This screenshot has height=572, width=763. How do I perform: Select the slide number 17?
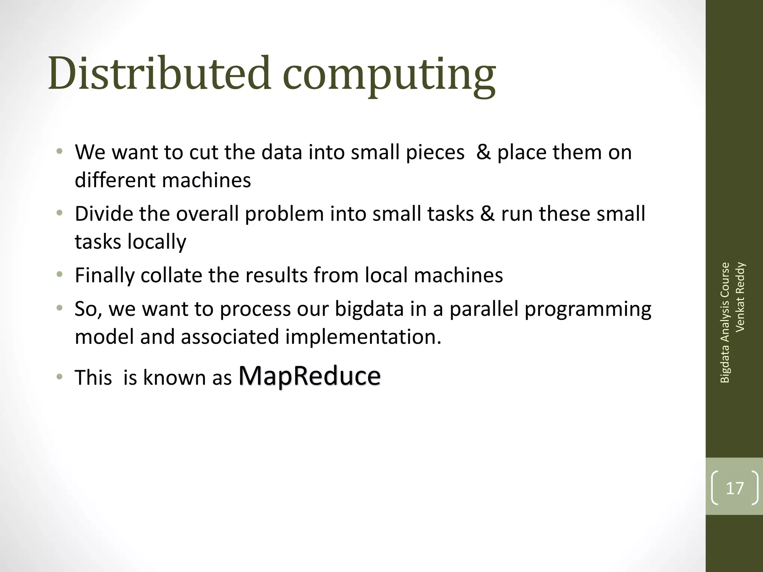(x=735, y=488)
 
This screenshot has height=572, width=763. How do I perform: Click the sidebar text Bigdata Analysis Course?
(x=725, y=322)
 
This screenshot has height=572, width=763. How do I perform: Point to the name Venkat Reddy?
(x=740, y=297)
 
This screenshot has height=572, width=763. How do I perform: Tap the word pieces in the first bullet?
(x=435, y=153)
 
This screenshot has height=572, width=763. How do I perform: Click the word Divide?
(x=104, y=214)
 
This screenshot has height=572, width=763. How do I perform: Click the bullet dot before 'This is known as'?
(x=59, y=377)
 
